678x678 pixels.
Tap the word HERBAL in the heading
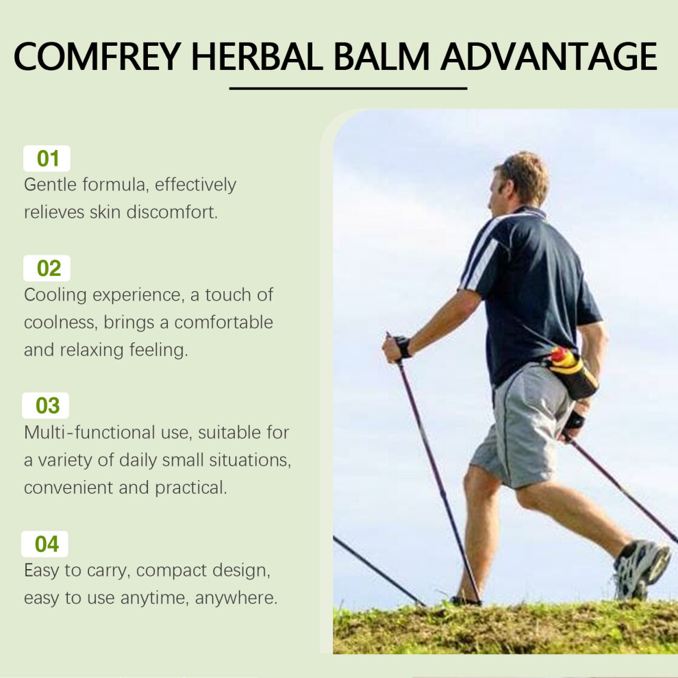tap(257, 56)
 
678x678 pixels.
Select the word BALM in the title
tap(381, 56)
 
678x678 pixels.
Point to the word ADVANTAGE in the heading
tap(549, 56)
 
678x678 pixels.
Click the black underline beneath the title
tap(348, 88)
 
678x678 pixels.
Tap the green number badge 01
tap(47, 159)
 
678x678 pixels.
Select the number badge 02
tap(47, 268)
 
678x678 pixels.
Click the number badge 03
tap(46, 405)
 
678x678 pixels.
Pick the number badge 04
tap(45, 544)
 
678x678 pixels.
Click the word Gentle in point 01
tap(50, 185)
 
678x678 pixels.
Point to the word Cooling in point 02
tap(55, 295)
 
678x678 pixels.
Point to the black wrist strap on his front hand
tap(403, 347)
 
